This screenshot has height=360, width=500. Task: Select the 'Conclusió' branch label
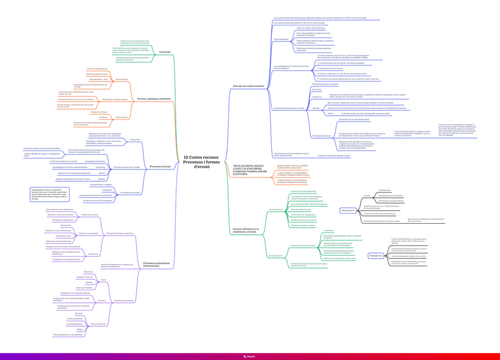(x=165, y=52)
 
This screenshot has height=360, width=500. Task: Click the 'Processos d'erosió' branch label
(x=160, y=166)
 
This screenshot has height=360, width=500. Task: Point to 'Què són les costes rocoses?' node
(x=248, y=86)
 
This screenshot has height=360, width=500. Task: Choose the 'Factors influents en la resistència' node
(x=246, y=231)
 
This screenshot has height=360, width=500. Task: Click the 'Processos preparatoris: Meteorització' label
(x=156, y=264)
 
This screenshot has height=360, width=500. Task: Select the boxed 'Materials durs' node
(x=348, y=210)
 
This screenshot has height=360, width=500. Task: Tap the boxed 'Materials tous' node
(x=376, y=256)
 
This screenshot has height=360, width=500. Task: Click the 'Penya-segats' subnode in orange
(x=121, y=79)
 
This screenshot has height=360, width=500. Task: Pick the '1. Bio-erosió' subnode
(x=134, y=140)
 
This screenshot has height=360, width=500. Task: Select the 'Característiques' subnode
(x=281, y=40)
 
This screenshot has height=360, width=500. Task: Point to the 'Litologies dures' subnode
(x=276, y=210)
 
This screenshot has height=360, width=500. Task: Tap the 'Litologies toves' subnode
(x=275, y=256)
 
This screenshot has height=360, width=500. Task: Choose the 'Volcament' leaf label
(x=107, y=190)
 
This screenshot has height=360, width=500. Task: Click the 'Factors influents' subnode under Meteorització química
(x=98, y=324)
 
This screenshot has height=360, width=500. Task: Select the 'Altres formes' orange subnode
(x=121, y=117)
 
